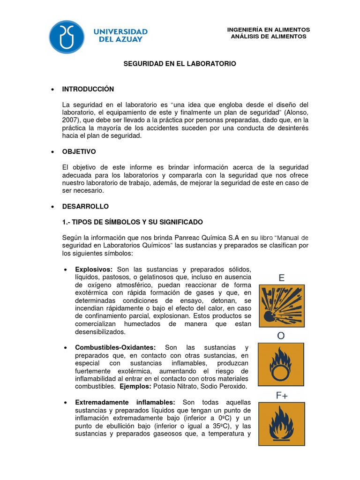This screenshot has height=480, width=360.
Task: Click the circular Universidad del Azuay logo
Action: tap(67, 37)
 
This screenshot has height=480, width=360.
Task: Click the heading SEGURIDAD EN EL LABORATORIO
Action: tap(180, 63)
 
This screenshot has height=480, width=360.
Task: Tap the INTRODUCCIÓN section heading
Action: tap(88, 89)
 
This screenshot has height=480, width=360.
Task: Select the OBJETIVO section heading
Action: tap(79, 152)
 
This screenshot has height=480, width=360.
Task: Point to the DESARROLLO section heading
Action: tap(85, 206)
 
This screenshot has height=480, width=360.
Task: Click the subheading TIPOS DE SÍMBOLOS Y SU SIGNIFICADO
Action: tap(133, 222)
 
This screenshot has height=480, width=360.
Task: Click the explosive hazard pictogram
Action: tap(281, 306)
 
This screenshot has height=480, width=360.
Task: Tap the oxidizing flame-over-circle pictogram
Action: tap(281, 364)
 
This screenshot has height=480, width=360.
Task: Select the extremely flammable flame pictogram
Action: tap(281, 423)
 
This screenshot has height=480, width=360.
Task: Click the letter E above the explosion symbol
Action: tap(281, 277)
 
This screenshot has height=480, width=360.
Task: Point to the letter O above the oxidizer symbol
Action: tap(281, 336)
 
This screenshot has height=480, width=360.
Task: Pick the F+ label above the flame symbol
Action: tap(282, 395)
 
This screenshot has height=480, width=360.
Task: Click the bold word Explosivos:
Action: tap(94, 270)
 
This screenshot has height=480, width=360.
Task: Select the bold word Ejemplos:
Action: tap(135, 387)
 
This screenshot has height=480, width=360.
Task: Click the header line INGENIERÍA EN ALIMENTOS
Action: tap(269, 30)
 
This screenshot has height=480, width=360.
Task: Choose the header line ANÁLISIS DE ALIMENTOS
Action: tap(269, 37)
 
